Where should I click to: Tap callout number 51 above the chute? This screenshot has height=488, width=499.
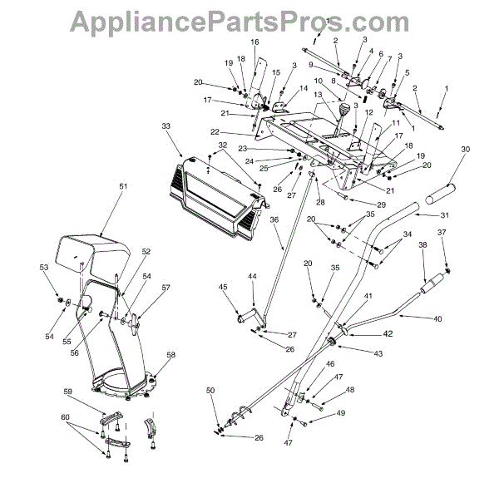click(x=100, y=187)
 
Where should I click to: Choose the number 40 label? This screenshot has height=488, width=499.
click(x=440, y=318)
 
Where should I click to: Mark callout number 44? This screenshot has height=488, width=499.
click(x=251, y=275)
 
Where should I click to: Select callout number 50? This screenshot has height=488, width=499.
click(x=210, y=390)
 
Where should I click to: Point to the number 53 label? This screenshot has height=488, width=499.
click(x=44, y=267)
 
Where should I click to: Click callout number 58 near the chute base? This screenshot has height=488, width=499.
click(x=171, y=355)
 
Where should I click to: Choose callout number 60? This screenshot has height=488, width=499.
click(x=65, y=417)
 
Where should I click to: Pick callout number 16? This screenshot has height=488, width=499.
click(x=254, y=42)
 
